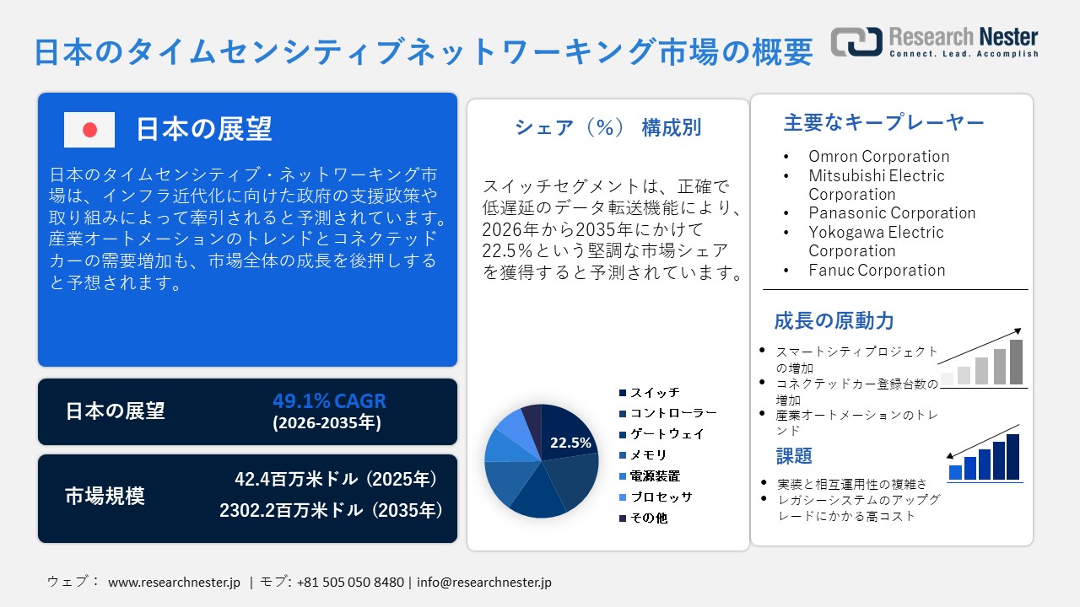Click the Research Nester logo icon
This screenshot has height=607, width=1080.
(856, 41)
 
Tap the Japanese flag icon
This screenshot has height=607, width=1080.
(89, 130)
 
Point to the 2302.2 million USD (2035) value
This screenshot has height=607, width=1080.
(331, 510)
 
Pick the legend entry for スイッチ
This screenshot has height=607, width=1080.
(654, 393)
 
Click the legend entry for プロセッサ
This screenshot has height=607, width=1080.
(661, 497)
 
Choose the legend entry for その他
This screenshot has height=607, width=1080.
(648, 518)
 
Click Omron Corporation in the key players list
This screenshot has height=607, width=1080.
(878, 156)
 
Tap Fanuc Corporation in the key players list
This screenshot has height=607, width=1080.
(877, 270)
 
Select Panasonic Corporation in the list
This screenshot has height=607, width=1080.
(892, 212)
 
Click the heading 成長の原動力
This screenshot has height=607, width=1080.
(834, 321)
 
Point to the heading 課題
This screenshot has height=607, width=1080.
(793, 456)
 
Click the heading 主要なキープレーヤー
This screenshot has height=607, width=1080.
(883, 123)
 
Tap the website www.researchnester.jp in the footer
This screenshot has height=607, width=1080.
(175, 582)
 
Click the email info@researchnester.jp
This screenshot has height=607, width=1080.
(484, 582)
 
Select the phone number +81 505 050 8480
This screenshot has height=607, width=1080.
(350, 582)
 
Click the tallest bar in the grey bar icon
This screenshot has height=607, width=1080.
(1016, 362)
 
